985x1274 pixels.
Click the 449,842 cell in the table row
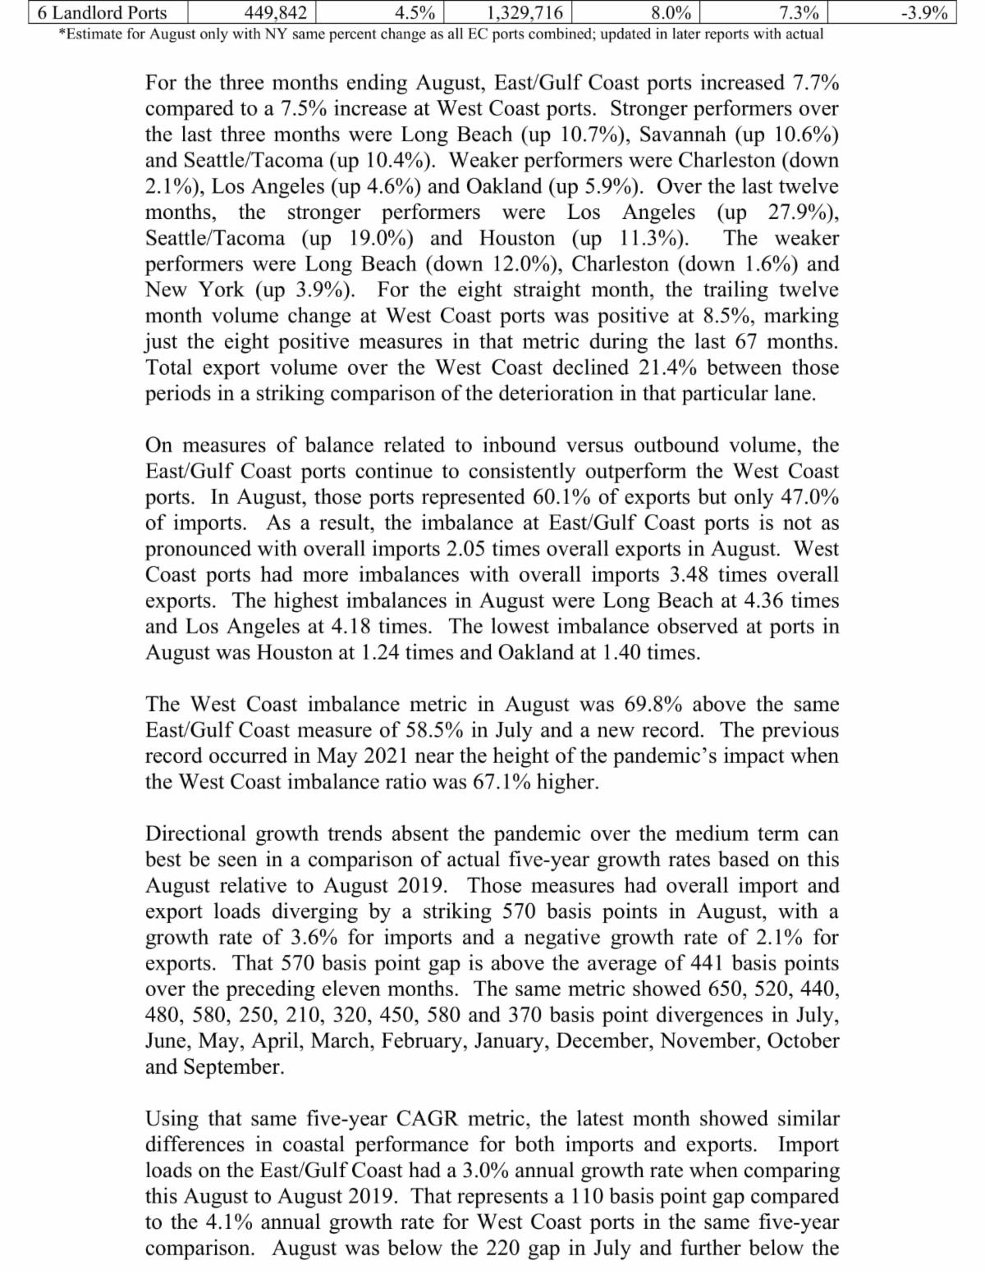276,12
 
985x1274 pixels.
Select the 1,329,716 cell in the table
525,12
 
